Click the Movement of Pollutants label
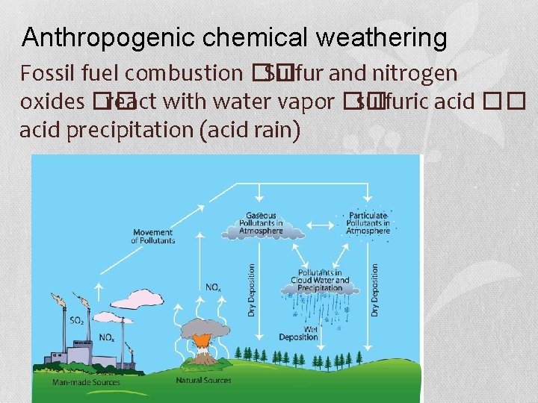coord(152,237)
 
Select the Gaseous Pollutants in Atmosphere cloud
coord(261,224)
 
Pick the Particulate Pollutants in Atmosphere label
coord(368,222)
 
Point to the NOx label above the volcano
coord(212,287)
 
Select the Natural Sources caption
coord(203,380)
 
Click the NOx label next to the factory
coord(106,338)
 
